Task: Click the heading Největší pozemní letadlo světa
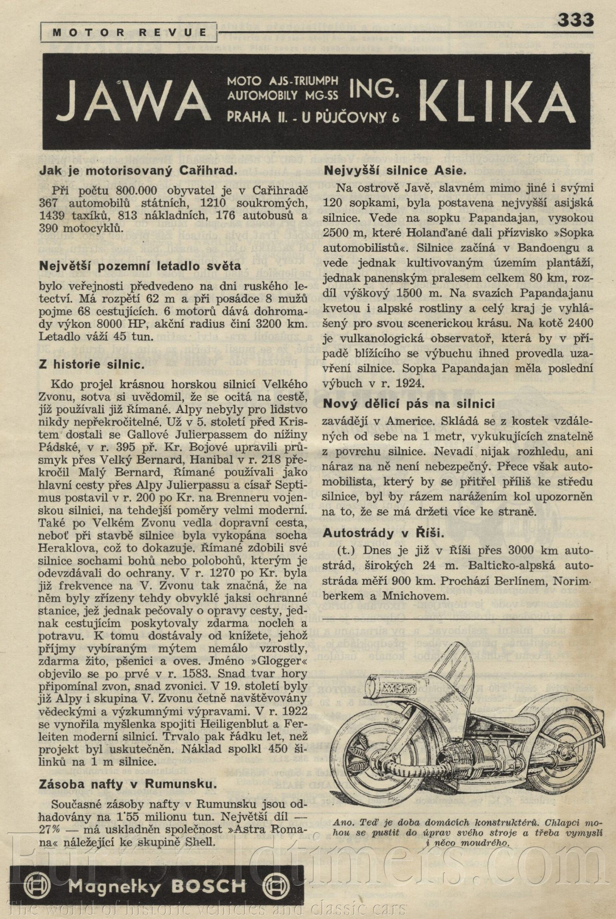[x=140, y=266]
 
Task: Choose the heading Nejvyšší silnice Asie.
[x=394, y=171]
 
